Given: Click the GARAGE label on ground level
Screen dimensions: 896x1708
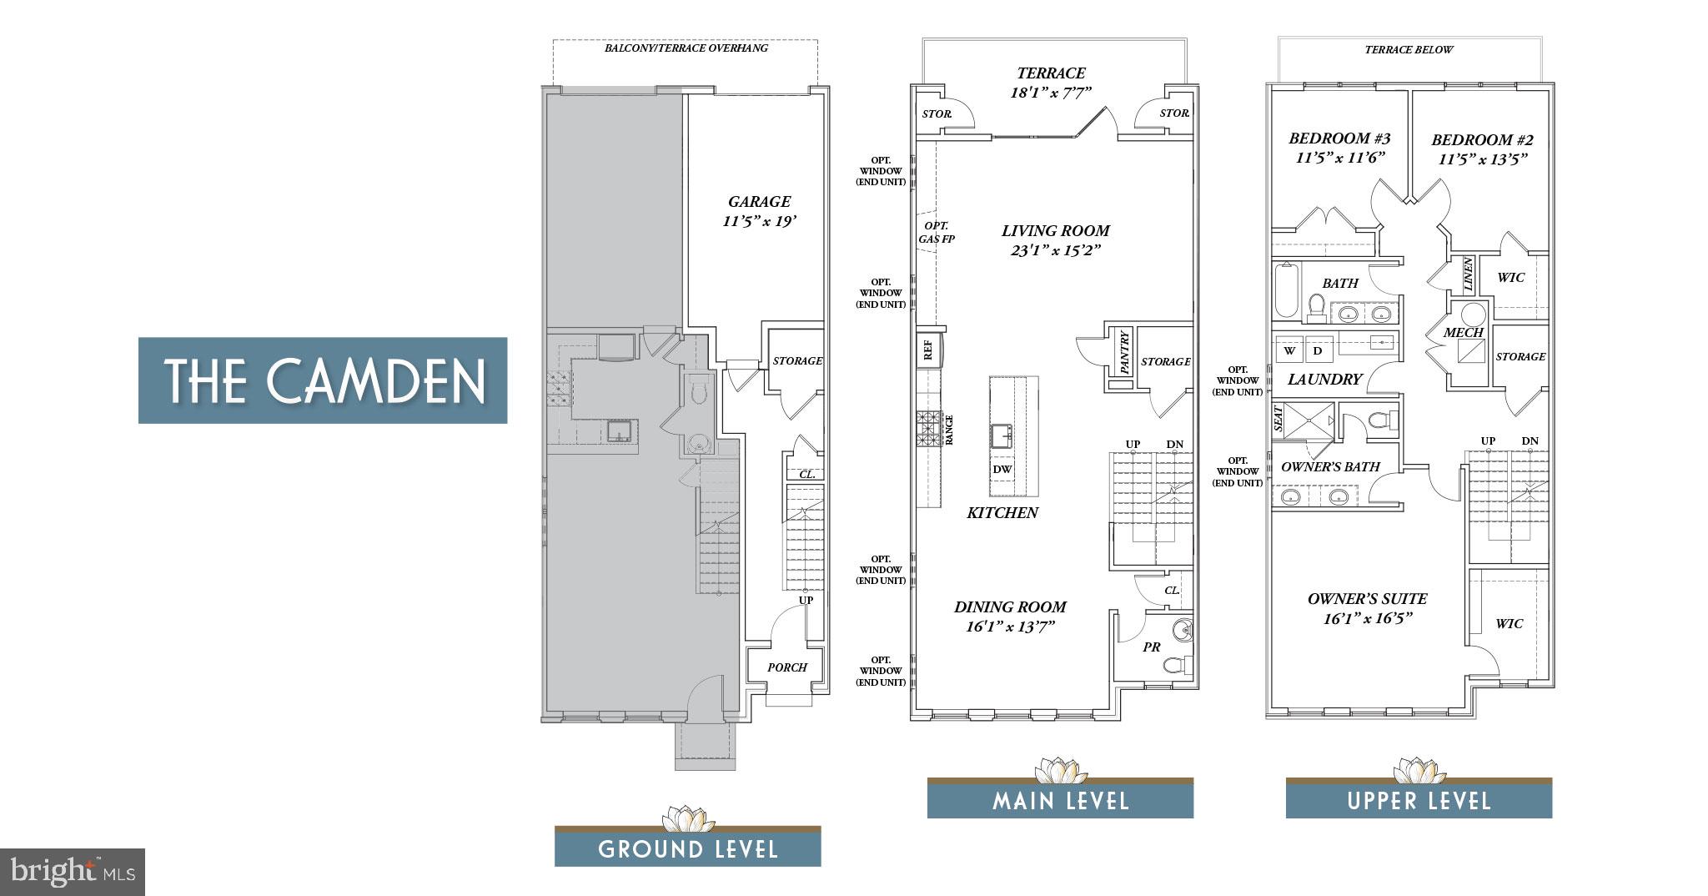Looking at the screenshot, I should pyautogui.click(x=759, y=201).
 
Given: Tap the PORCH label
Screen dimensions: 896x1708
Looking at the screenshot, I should pyautogui.click(x=787, y=667).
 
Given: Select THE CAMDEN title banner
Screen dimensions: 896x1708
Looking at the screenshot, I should pyautogui.click(x=323, y=380).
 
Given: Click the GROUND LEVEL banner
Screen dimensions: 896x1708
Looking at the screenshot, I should pyautogui.click(x=688, y=848).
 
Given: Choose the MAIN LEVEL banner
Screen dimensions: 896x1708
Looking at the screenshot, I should pyautogui.click(x=1060, y=801).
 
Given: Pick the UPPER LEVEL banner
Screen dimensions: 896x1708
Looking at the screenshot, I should pyautogui.click(x=1419, y=801).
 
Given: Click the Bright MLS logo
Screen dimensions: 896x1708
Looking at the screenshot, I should pyautogui.click(x=73, y=872).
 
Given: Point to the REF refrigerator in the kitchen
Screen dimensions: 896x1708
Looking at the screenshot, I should pyautogui.click(x=927, y=350).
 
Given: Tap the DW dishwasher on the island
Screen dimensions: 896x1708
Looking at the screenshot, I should pyautogui.click(x=1002, y=469).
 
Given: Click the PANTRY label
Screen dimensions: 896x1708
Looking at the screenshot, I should pyautogui.click(x=1124, y=352).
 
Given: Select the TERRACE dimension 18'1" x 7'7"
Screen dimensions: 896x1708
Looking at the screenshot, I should pyautogui.click(x=1051, y=93).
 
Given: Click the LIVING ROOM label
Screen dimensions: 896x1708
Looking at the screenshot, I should pyautogui.click(x=1056, y=230).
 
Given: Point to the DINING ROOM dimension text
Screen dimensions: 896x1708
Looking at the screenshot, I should pyautogui.click(x=1010, y=626).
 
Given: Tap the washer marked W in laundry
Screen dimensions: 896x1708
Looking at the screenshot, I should pyautogui.click(x=1290, y=350).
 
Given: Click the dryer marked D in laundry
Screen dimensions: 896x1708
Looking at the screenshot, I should pyautogui.click(x=1318, y=350).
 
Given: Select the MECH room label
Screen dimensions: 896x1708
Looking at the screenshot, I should pyautogui.click(x=1463, y=332).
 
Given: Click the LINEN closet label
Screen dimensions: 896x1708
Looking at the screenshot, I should pyautogui.click(x=1468, y=274).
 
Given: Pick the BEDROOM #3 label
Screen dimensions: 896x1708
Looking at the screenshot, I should pyautogui.click(x=1339, y=138).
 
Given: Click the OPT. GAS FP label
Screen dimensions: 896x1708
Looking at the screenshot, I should pyautogui.click(x=937, y=232).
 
